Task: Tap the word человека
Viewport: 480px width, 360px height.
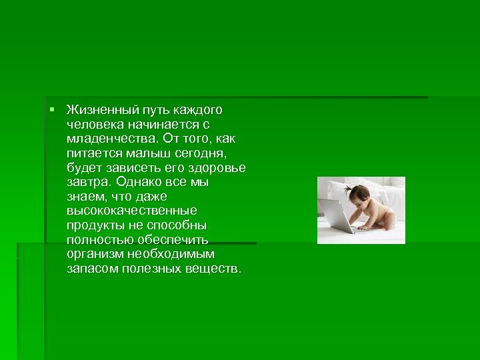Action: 93,124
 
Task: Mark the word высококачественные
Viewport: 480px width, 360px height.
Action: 131,211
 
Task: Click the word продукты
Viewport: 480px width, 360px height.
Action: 93,225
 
